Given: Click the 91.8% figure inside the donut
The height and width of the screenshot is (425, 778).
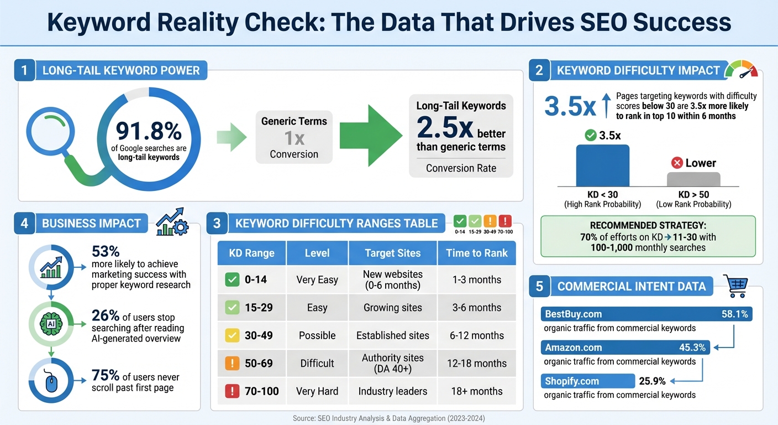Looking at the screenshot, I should [149, 131].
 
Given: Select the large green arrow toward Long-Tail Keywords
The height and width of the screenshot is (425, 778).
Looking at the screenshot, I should [370, 135].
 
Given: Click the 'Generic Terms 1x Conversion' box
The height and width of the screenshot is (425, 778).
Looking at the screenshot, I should [294, 137].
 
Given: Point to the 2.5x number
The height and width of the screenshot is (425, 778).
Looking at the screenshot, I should [445, 128].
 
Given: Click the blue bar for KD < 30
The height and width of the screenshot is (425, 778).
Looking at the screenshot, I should [602, 165].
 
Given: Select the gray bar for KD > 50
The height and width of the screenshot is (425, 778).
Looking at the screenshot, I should [693, 179].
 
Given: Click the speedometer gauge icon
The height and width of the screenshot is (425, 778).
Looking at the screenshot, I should [742, 71].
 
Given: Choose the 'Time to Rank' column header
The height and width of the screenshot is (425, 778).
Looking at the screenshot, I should [477, 253].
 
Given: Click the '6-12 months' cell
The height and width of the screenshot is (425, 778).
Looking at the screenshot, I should [477, 335].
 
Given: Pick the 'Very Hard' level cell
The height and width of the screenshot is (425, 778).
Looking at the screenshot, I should [317, 391].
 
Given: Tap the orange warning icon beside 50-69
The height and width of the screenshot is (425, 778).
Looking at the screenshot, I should [232, 364].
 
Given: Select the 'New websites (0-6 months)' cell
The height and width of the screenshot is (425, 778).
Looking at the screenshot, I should [392, 280].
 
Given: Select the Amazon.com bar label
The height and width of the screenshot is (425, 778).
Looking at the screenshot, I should [573, 348].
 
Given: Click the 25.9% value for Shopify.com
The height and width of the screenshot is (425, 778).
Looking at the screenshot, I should [652, 381].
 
